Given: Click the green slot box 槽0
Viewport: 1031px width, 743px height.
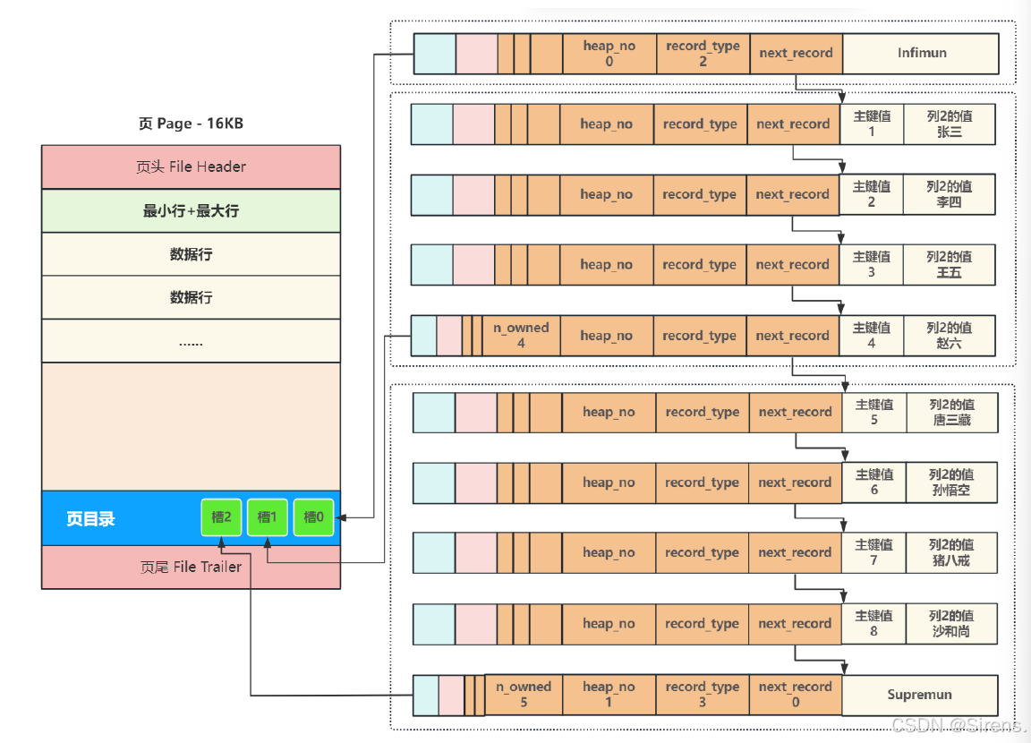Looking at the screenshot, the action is point(313,517).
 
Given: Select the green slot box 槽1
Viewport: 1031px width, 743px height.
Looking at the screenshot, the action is point(267,517).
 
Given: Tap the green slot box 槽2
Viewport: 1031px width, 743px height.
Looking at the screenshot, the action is point(221,517).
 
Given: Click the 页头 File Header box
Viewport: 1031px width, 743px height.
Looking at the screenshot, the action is point(191,167).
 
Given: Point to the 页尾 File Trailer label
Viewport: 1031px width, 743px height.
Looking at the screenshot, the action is point(191,567).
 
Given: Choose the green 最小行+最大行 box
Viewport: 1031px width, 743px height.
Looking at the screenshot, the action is point(191,211).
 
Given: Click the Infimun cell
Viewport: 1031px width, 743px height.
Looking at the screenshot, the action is point(921,53).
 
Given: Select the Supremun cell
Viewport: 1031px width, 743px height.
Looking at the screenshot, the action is point(919,695).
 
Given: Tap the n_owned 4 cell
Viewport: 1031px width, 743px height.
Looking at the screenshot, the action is point(521,336).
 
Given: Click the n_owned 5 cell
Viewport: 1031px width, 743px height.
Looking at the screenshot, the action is point(524,695).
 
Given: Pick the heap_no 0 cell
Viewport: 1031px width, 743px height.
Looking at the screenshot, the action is point(609,53).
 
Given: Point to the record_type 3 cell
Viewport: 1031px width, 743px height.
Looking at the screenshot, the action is point(703,695).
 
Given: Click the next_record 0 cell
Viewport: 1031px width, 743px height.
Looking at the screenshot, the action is point(796,695).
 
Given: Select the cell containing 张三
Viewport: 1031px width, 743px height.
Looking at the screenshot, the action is point(950,124).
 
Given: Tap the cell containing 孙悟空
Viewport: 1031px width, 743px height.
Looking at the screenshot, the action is point(951,483).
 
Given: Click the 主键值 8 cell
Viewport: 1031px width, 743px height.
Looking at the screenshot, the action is point(873,623).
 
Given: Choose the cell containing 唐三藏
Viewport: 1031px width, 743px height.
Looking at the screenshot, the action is point(952,413).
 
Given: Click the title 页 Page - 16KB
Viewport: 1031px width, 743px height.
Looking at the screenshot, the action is point(191,124).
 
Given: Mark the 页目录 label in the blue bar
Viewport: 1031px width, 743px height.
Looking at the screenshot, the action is point(90,519).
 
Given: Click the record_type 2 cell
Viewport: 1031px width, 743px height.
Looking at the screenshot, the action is point(703,53).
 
